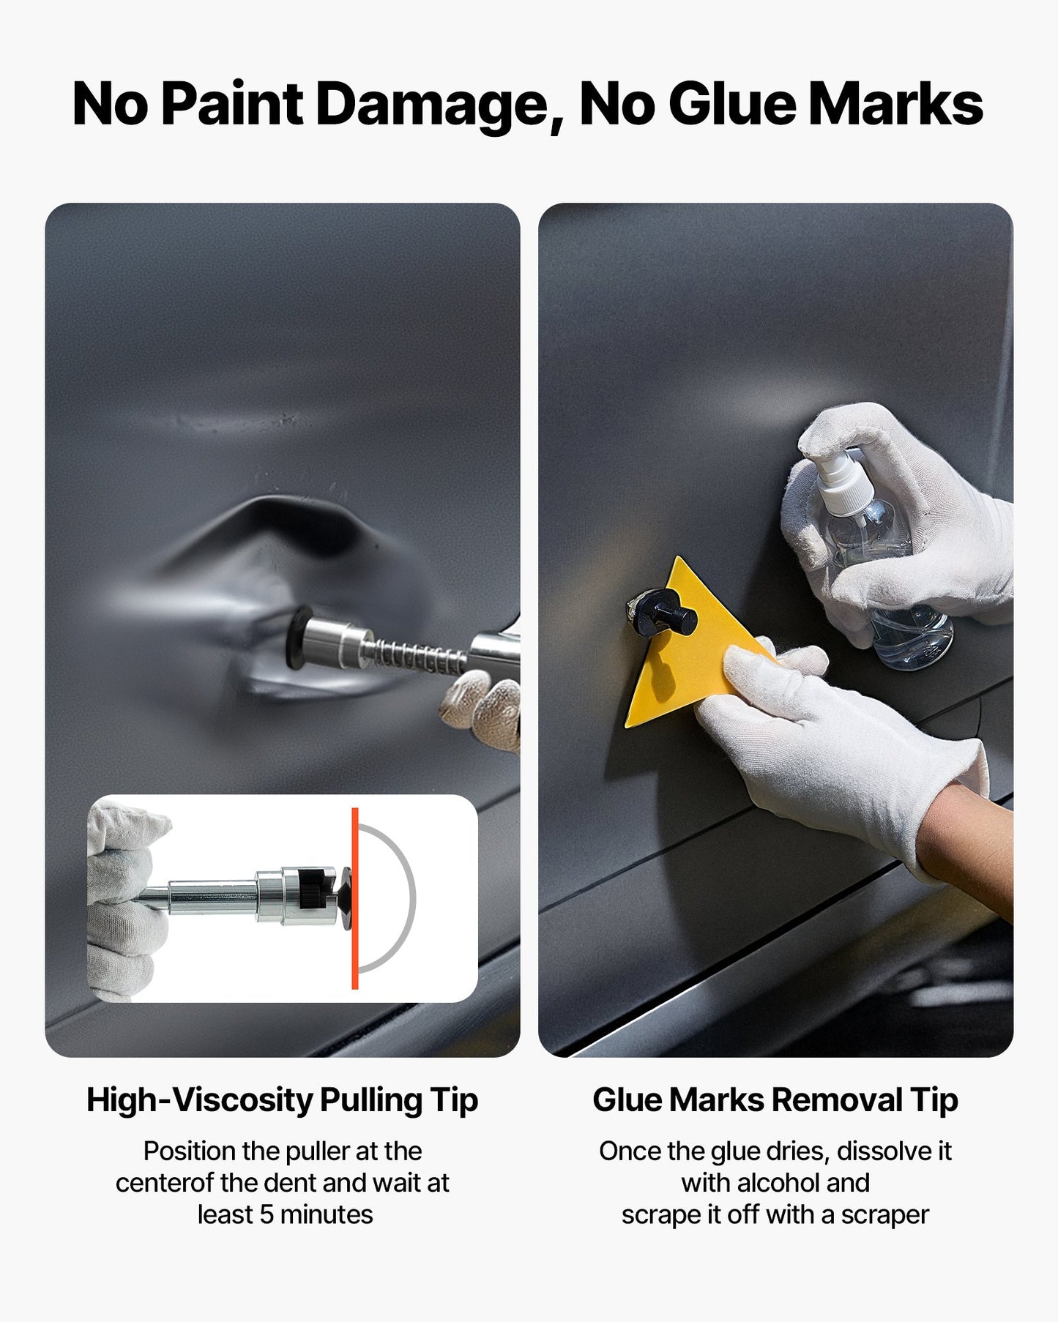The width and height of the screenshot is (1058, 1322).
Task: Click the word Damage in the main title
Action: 432,105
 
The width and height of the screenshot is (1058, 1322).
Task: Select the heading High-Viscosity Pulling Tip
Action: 282,1100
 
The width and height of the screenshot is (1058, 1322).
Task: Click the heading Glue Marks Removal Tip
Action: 775,1100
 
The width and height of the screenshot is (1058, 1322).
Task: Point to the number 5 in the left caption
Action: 267,1214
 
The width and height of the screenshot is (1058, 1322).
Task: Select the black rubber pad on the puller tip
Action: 299,637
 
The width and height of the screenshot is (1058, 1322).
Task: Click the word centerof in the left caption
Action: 165,1182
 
